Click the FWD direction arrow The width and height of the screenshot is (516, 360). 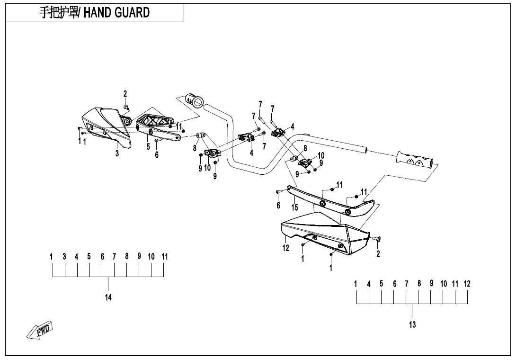41,330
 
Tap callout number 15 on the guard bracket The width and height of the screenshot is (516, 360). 294,207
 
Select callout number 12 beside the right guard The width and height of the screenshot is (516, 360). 286,248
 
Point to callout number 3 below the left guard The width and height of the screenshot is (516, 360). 117,153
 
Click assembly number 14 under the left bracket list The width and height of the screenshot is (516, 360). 108,297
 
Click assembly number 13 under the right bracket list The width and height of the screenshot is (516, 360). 412,324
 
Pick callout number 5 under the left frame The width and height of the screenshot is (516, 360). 148,147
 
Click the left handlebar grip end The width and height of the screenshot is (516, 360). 194,100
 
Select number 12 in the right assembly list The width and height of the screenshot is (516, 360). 467,284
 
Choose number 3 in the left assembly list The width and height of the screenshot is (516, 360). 64,257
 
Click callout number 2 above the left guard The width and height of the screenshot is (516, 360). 125,94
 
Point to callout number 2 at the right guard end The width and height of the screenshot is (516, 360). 378,254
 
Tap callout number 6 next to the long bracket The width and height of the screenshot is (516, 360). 278,205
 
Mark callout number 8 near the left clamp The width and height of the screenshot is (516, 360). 194,148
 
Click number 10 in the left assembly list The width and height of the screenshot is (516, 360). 151,257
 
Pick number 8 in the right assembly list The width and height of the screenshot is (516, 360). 419,284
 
